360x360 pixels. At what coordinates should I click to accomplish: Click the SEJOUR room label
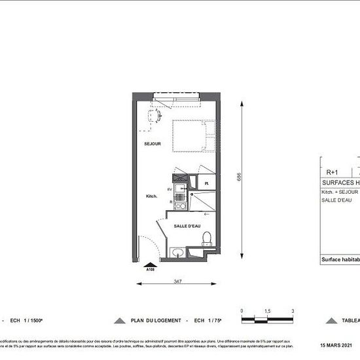click(153, 143)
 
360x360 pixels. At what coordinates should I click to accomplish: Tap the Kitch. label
click(153, 195)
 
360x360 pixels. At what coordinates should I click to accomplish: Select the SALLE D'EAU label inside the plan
click(187, 226)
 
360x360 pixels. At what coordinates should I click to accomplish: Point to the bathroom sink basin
click(177, 253)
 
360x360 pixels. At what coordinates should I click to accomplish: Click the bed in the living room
click(193, 136)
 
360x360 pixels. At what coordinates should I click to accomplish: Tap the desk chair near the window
click(154, 115)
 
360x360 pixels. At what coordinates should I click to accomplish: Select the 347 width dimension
click(178, 280)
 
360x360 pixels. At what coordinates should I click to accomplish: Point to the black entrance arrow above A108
click(150, 264)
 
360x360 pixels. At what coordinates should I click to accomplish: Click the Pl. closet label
click(206, 183)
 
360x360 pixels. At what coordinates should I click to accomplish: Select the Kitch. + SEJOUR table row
click(339, 192)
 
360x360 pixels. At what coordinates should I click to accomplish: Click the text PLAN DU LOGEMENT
click(156, 321)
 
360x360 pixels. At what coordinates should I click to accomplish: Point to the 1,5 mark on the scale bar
click(267, 311)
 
